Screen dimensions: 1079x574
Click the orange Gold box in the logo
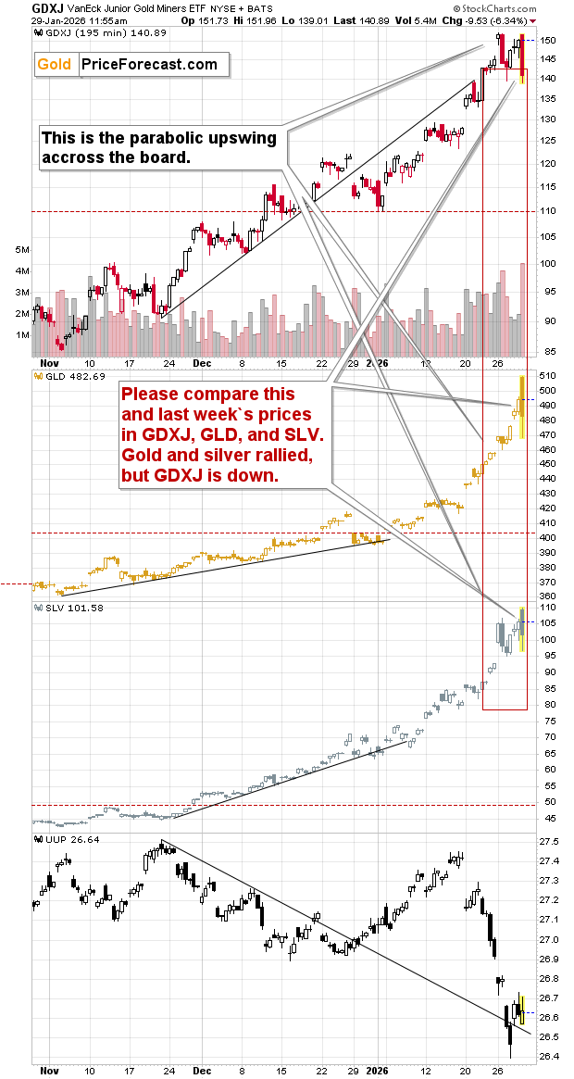coord(55,64)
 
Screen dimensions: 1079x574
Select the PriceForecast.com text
coord(149,64)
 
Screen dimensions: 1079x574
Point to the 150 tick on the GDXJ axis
coord(550,41)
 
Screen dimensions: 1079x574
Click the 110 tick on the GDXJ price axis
coord(550,211)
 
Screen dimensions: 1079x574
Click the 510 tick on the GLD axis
coord(550,376)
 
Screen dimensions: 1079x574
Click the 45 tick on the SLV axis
coord(550,817)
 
